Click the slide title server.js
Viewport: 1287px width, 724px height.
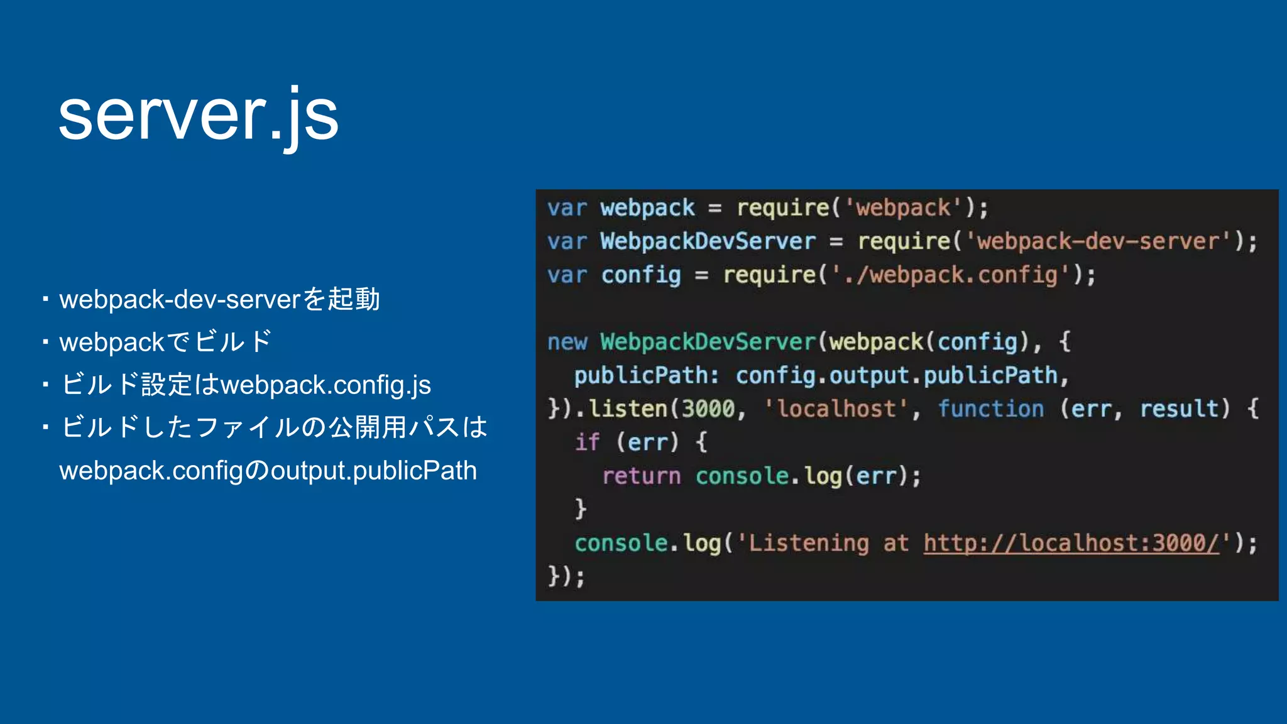point(199,116)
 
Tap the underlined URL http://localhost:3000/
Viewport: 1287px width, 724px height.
point(1071,543)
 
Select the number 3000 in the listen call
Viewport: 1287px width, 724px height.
point(708,409)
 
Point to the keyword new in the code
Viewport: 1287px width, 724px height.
point(567,342)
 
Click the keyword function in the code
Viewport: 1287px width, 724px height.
point(990,409)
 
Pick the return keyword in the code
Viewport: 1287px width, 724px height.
point(641,476)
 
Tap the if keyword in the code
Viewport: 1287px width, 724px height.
point(587,442)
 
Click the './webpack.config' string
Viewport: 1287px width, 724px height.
point(951,275)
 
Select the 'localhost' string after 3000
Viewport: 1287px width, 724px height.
point(836,409)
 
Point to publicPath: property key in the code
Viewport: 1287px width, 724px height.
point(646,376)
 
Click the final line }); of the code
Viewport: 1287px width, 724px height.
point(566,576)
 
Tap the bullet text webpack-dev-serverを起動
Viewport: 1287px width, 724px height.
point(219,299)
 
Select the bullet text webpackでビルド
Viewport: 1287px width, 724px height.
point(165,342)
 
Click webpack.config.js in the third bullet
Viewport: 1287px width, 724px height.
point(326,385)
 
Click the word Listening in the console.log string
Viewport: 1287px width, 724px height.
point(809,543)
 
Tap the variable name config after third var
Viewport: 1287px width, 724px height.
point(640,275)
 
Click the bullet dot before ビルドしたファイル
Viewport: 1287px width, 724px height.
point(45,427)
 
